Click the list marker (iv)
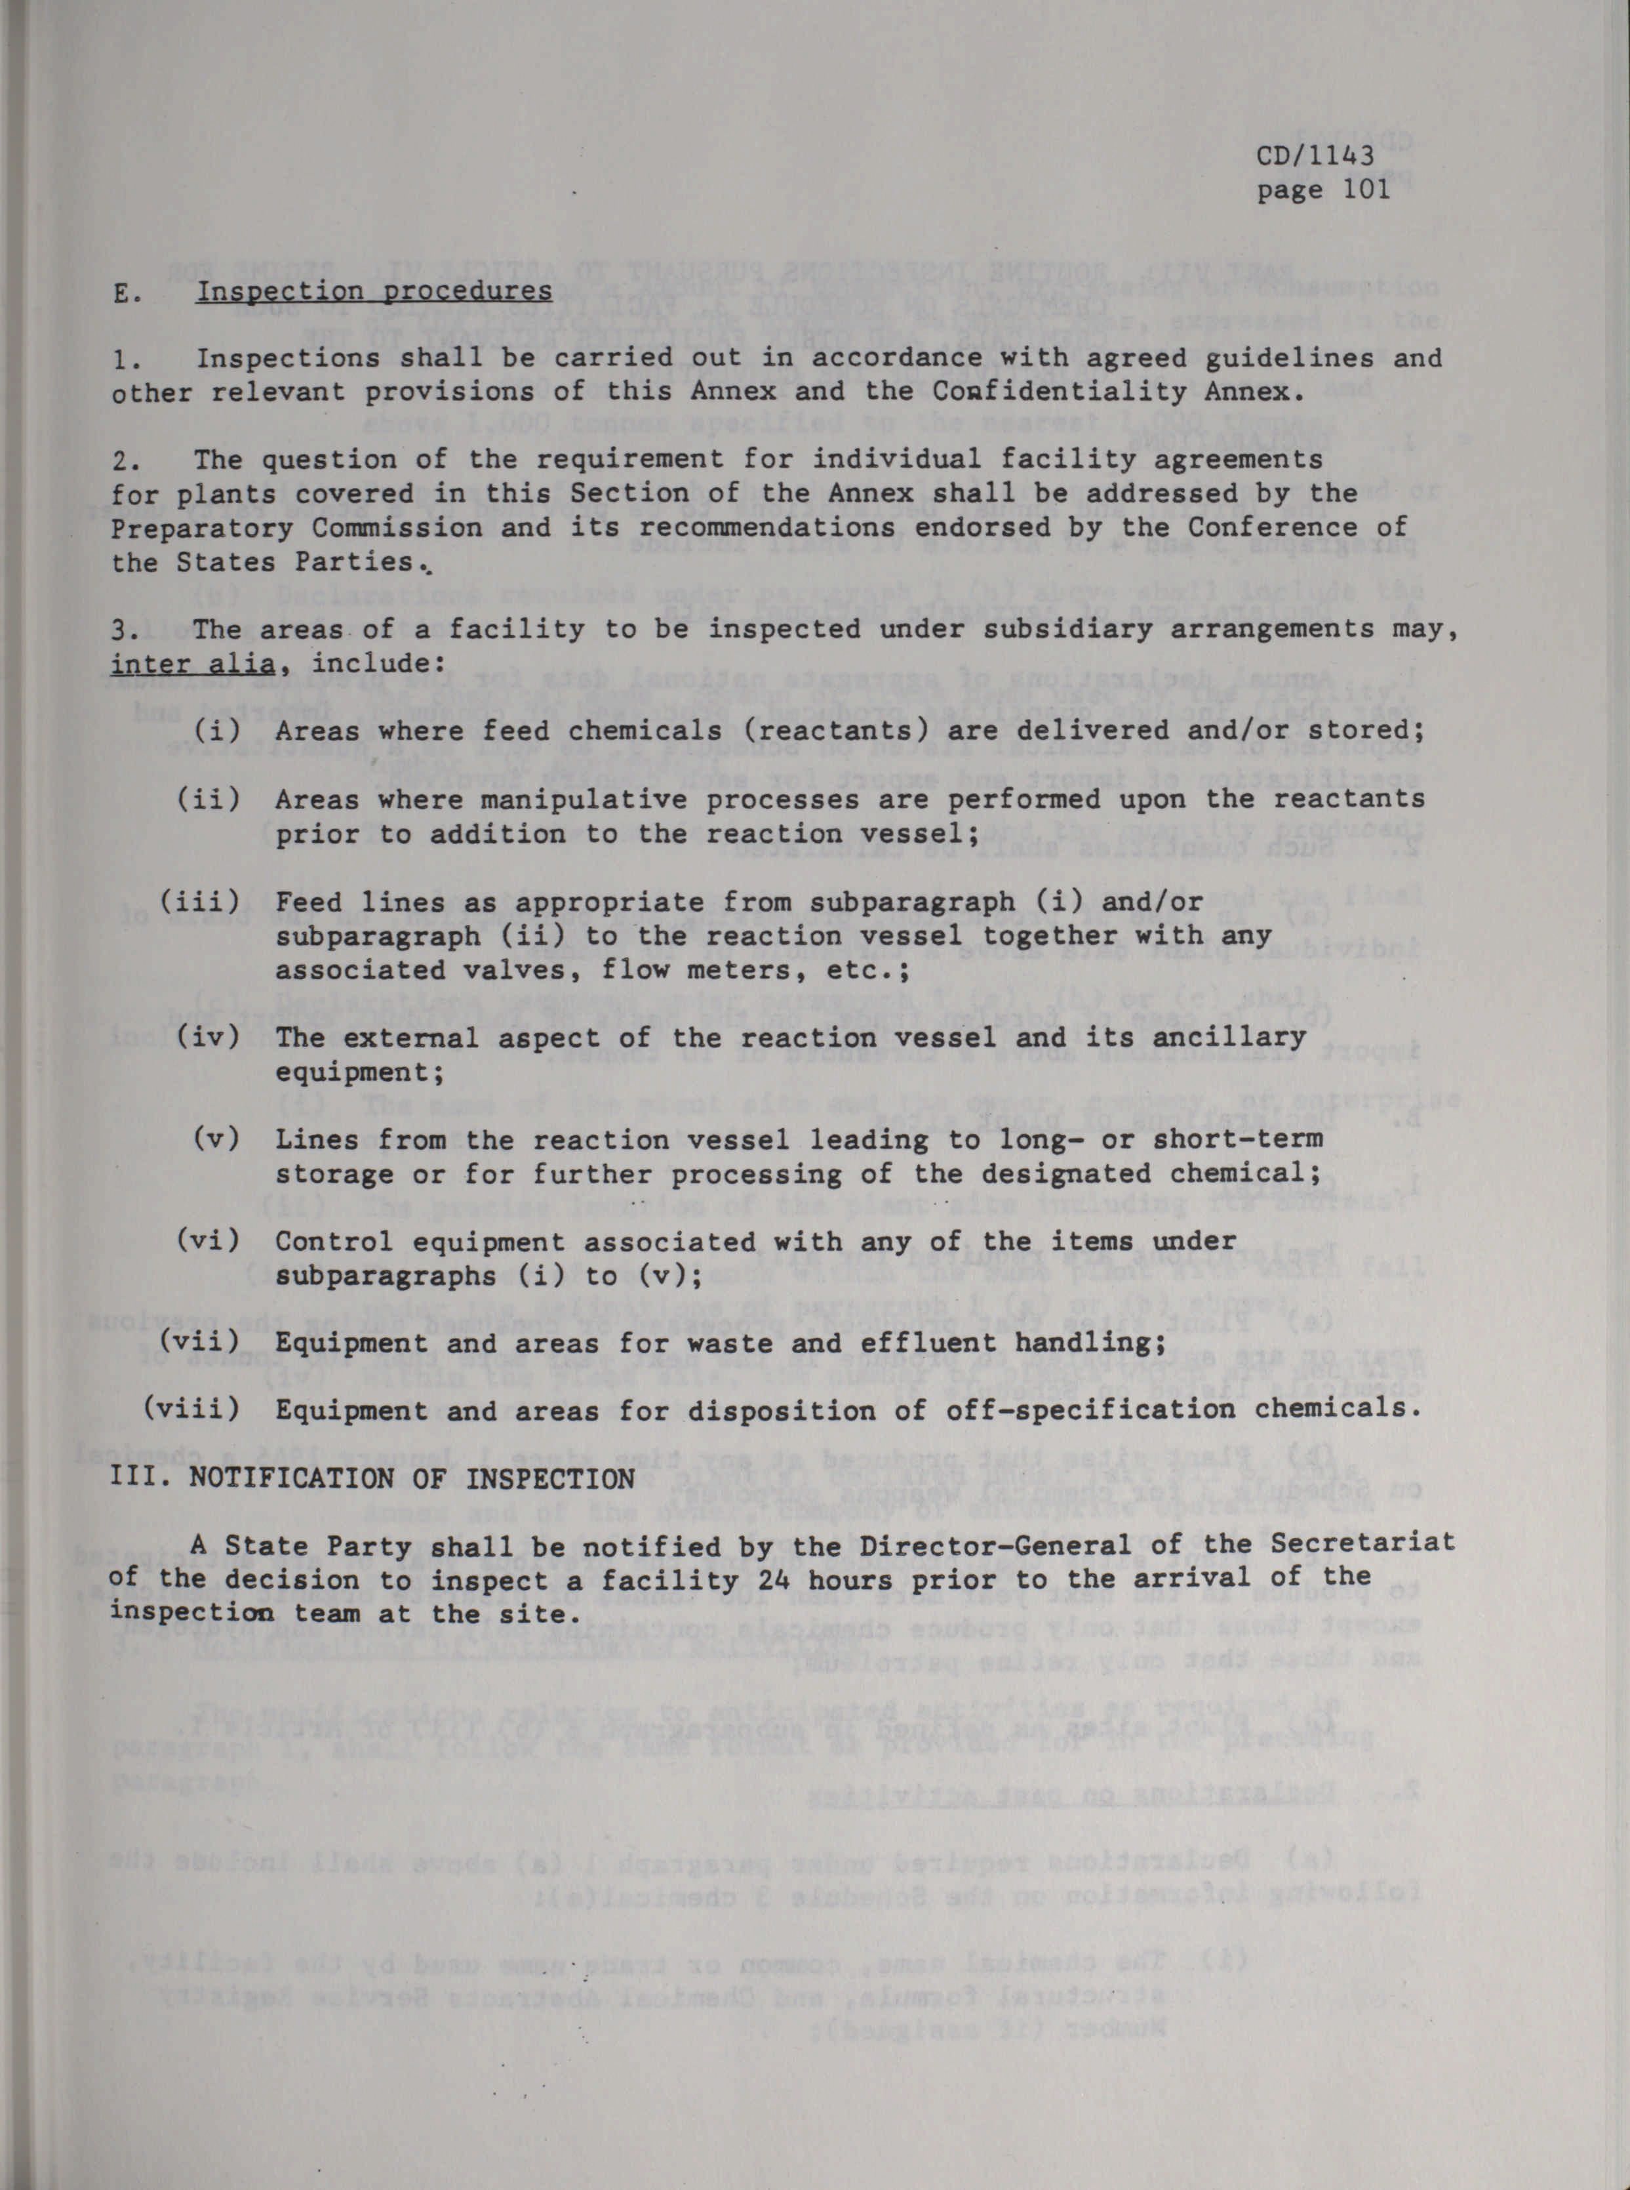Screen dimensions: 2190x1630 point(209,1038)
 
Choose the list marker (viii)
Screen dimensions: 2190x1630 point(191,1410)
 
